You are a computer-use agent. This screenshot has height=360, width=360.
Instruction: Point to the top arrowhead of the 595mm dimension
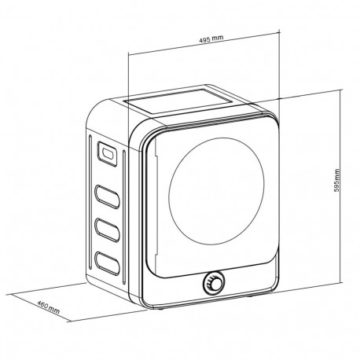340,91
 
